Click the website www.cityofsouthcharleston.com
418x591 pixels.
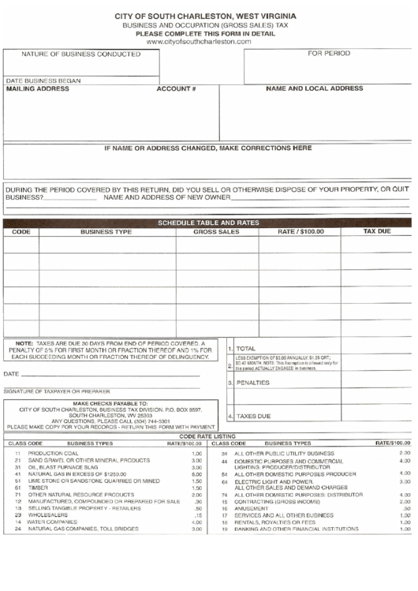(208, 41)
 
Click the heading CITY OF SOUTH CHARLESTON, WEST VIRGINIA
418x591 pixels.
(208, 16)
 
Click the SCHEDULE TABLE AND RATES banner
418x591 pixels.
(208, 223)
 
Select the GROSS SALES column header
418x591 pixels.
(217, 233)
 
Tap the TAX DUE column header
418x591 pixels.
(376, 232)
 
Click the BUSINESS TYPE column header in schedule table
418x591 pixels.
(106, 233)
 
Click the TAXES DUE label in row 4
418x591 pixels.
(254, 416)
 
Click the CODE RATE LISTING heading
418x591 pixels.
(208, 436)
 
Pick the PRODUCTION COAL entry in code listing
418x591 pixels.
(54, 454)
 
